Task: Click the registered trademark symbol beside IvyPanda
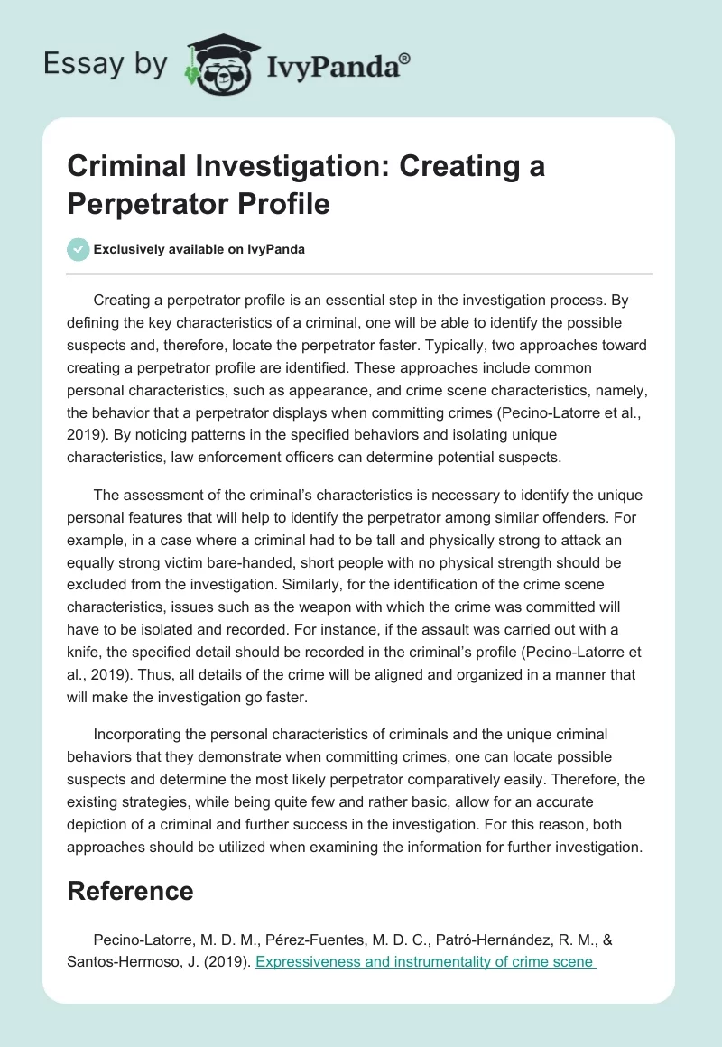pos(405,59)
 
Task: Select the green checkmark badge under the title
pos(79,249)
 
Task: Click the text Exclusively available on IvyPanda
pos(199,249)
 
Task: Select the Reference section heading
pos(131,891)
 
